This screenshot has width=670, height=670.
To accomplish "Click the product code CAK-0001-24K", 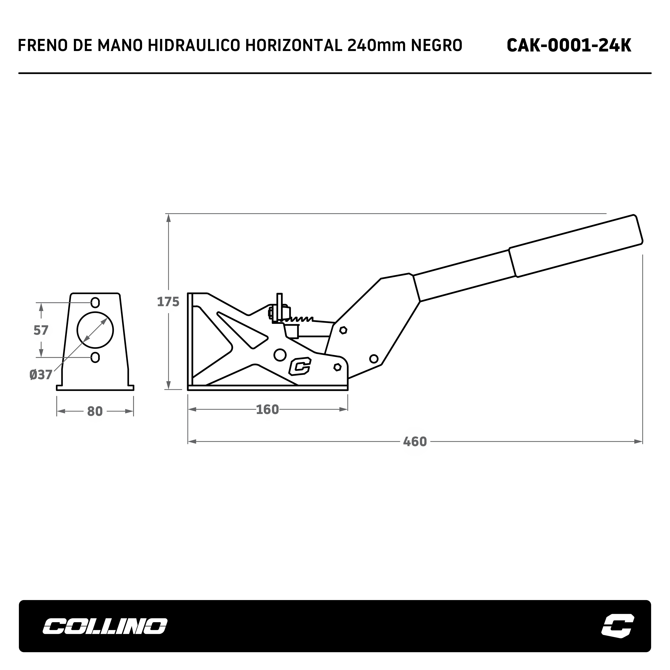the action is (569, 45).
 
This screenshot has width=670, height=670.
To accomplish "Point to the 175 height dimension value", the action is (168, 302).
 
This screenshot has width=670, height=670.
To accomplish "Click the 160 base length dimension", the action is (267, 410).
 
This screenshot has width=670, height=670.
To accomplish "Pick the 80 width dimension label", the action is (95, 412).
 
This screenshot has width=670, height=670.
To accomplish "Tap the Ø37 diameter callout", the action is (41, 375).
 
